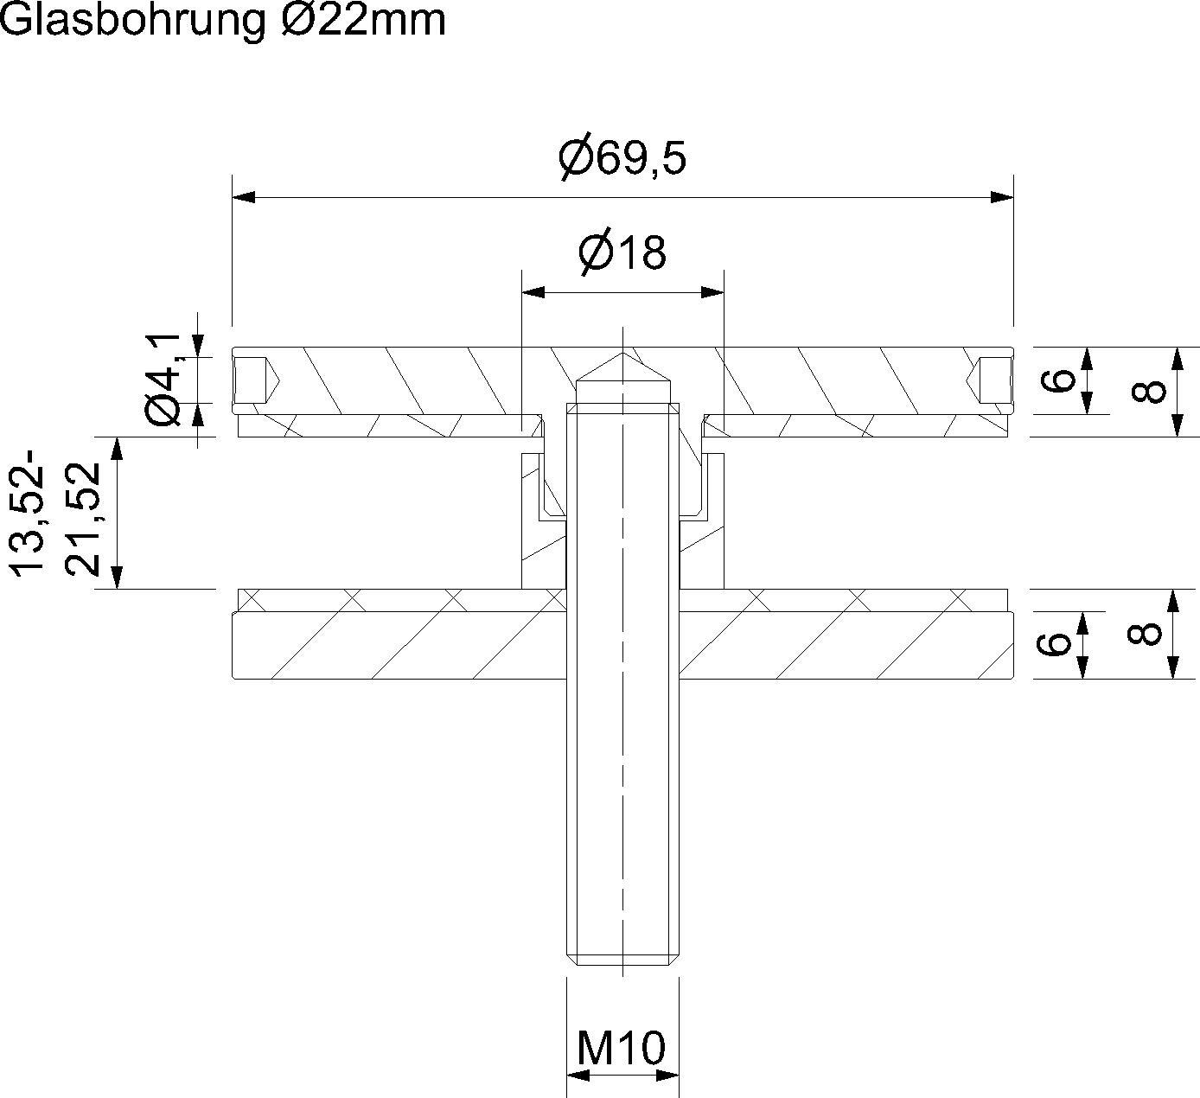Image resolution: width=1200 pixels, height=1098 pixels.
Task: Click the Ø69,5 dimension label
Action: click(622, 157)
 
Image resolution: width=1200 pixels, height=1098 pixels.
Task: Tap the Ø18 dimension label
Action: click(622, 252)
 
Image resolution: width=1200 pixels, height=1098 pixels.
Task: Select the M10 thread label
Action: click(622, 1048)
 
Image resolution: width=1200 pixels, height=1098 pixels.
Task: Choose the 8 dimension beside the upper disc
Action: click(1146, 392)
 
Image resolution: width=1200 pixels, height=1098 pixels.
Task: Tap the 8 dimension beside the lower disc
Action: click(1145, 634)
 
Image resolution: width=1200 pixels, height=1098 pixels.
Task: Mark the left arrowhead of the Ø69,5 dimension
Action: click(244, 198)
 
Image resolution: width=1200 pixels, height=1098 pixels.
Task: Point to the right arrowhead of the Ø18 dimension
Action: click(712, 294)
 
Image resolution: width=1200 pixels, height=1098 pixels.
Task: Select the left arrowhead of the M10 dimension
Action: click(578, 1076)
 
